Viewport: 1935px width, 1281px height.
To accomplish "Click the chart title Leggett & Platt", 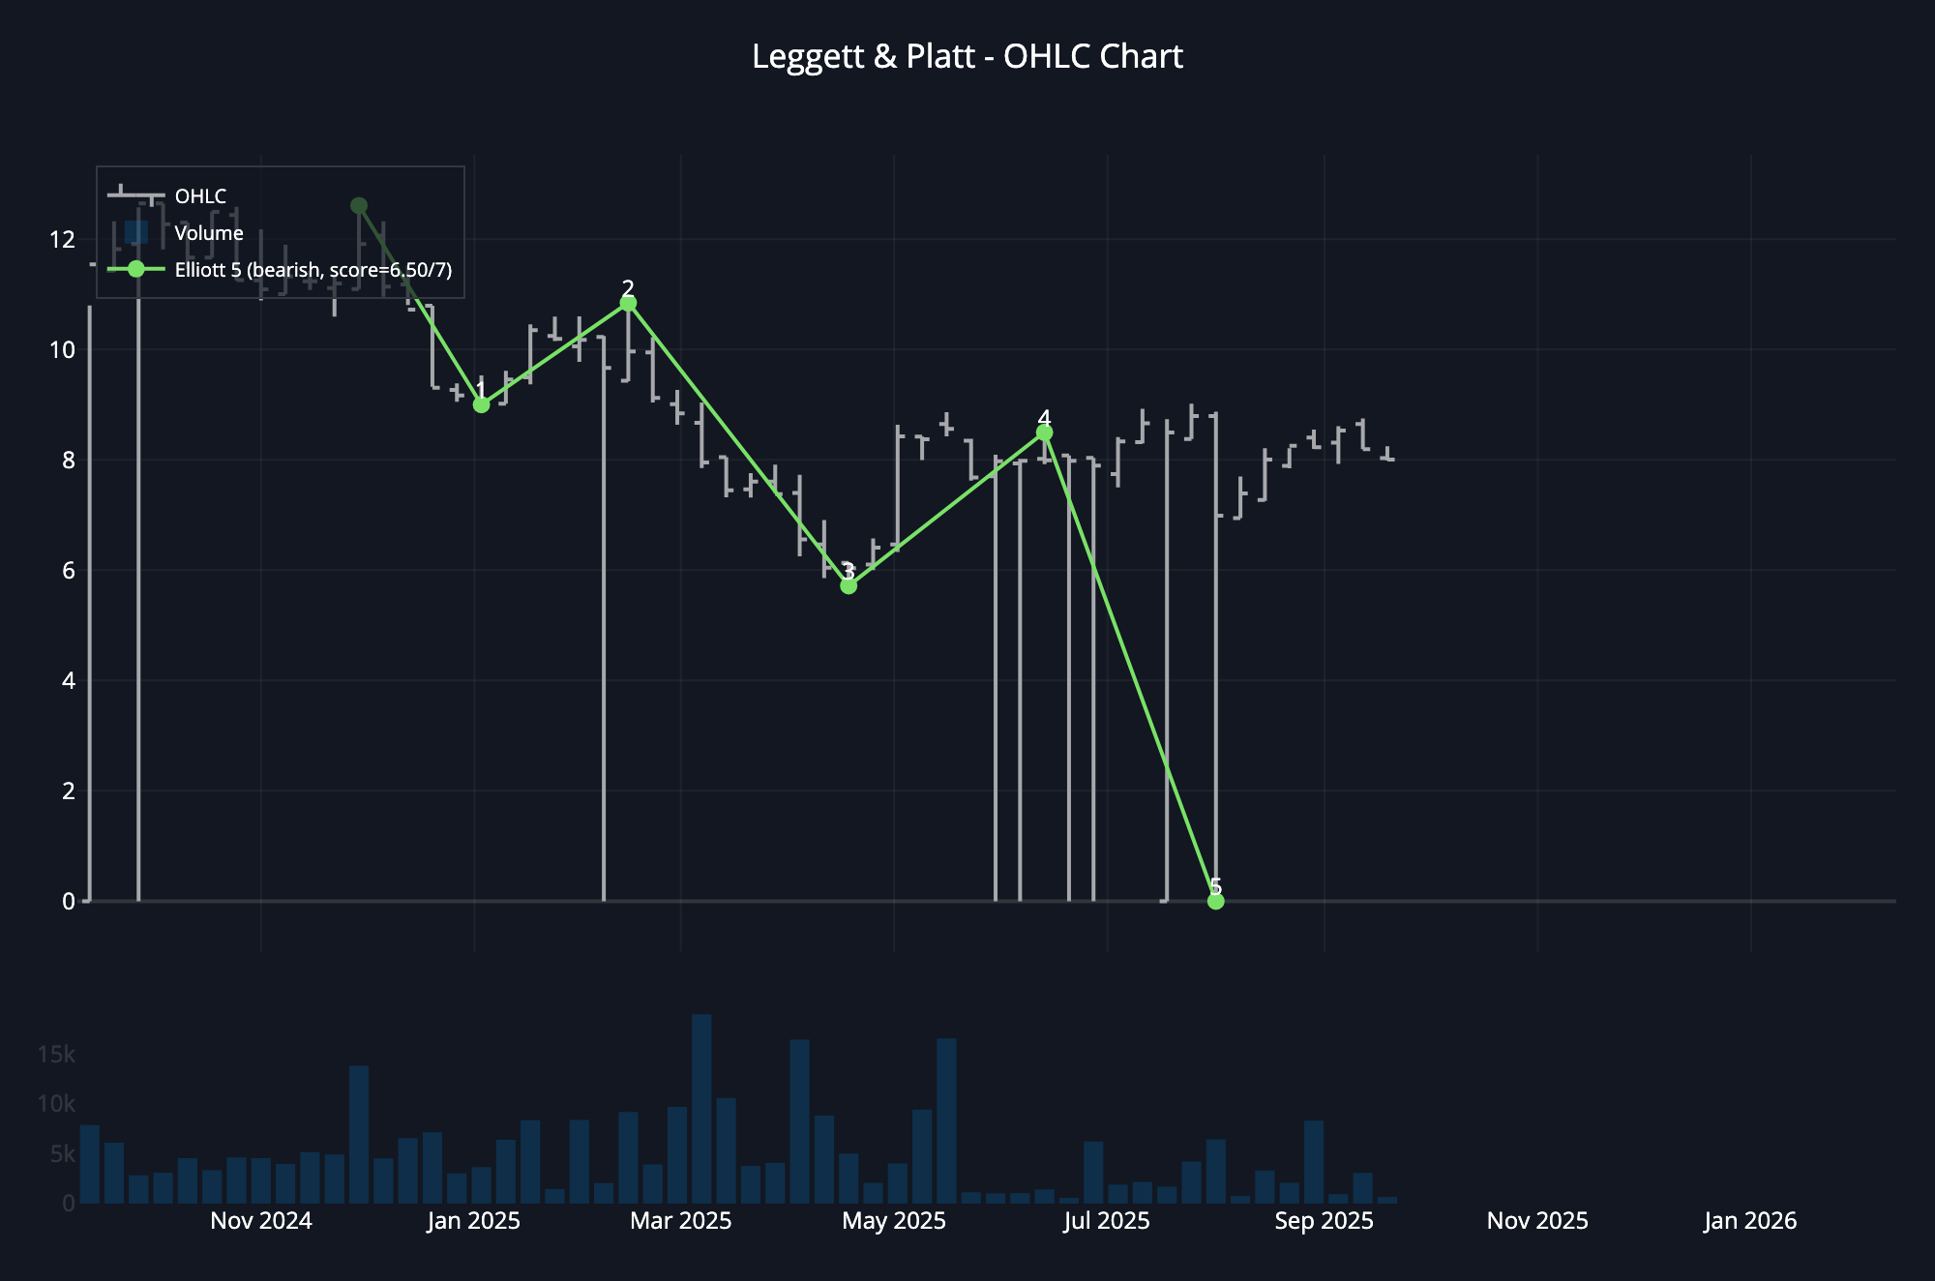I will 967,56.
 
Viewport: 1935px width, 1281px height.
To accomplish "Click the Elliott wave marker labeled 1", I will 481,404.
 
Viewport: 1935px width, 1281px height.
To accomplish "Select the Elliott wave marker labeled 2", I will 628,304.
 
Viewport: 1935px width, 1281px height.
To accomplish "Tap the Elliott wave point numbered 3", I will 848,585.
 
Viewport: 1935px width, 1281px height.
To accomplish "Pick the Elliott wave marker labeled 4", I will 1044,432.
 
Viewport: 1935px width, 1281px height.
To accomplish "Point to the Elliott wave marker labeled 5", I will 1216,901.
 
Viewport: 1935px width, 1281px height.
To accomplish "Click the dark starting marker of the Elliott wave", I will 359,205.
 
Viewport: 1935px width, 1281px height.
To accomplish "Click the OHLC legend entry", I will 200,196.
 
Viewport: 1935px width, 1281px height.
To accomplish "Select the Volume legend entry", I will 208,233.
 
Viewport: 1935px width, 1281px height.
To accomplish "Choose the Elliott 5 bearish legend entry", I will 313,270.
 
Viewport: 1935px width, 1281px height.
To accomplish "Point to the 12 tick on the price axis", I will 62,239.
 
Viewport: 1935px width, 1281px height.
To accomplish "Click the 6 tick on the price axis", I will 68,571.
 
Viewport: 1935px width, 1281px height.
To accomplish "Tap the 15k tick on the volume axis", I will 56,1055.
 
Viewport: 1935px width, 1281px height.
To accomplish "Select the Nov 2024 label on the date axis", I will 261,1221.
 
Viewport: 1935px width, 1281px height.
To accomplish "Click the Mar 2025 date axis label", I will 681,1221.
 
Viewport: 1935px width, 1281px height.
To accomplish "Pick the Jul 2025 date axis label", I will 1107,1221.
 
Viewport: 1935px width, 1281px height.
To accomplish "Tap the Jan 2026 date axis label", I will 1750,1221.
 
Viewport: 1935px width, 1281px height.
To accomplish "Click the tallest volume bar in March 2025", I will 702,1109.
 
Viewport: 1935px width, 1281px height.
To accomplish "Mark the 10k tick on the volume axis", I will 56,1104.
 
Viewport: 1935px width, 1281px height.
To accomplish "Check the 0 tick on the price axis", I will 68,902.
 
